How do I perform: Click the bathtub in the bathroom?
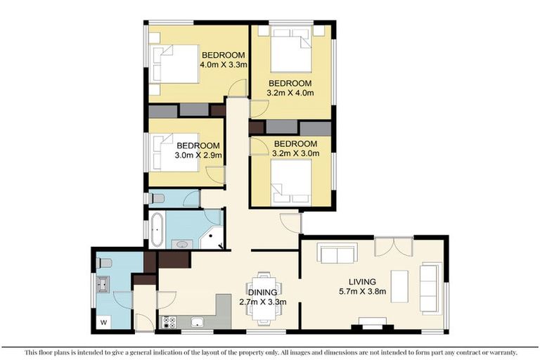point(157,229)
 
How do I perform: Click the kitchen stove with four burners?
point(169,323)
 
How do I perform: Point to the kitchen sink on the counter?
point(198,323)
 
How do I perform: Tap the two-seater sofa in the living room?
point(337,252)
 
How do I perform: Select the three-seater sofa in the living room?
point(430,288)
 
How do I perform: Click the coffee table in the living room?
point(399,286)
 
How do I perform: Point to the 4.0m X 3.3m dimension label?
point(222,65)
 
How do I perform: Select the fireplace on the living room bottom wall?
point(373,323)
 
